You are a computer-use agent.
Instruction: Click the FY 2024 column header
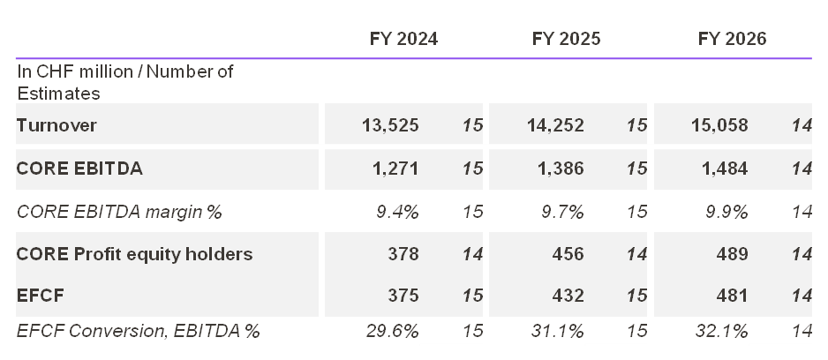pos(403,39)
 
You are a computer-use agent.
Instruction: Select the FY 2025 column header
pos(567,39)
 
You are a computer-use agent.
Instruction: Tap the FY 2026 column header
pos(732,39)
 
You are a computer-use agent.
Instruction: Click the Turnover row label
pos(56,125)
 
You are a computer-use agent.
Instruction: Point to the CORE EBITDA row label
pos(79,169)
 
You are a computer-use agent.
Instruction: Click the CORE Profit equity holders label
pos(134,254)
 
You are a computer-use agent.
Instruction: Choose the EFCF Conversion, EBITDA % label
pos(139,331)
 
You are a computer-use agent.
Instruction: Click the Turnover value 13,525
pos(390,125)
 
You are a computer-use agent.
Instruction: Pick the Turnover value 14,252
pos(554,125)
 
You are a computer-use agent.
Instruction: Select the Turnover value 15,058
pos(719,125)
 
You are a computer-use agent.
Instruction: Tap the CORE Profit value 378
pos(402,254)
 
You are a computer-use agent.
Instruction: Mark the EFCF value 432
pos(567,297)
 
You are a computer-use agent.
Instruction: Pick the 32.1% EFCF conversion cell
pos(721,331)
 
